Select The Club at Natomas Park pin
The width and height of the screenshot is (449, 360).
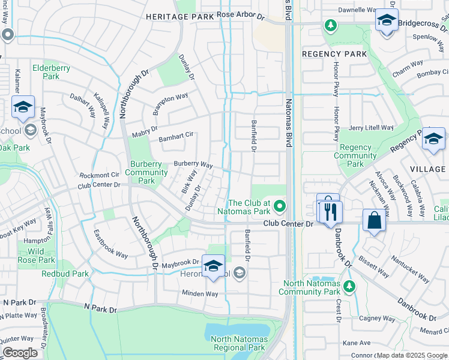(279, 207)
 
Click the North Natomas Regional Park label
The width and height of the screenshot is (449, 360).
(238, 343)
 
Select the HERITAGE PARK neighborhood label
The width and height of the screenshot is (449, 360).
(180, 17)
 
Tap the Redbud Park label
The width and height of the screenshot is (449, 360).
(65, 274)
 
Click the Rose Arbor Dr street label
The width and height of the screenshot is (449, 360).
(241, 14)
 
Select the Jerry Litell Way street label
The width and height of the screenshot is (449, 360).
(371, 128)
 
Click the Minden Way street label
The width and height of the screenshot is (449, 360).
(200, 293)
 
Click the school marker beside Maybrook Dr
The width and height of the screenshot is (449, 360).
(213, 265)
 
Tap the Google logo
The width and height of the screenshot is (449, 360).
(20, 353)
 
